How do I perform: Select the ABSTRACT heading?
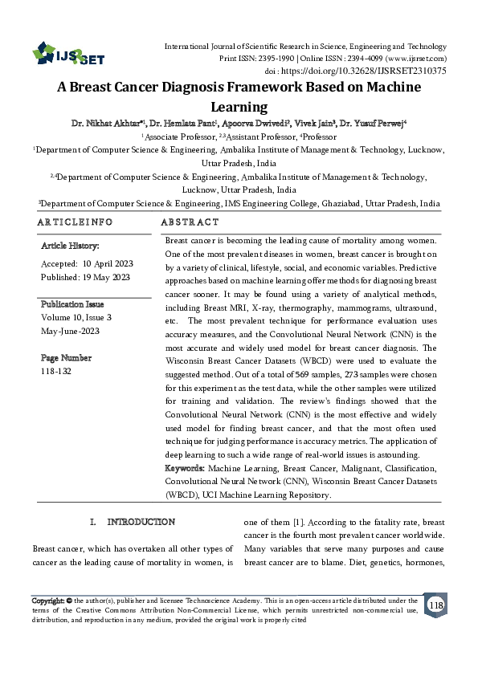coord(190,222)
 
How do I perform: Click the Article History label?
coord(70,246)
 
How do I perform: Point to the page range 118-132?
coord(55,372)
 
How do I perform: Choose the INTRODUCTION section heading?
coord(141,523)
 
